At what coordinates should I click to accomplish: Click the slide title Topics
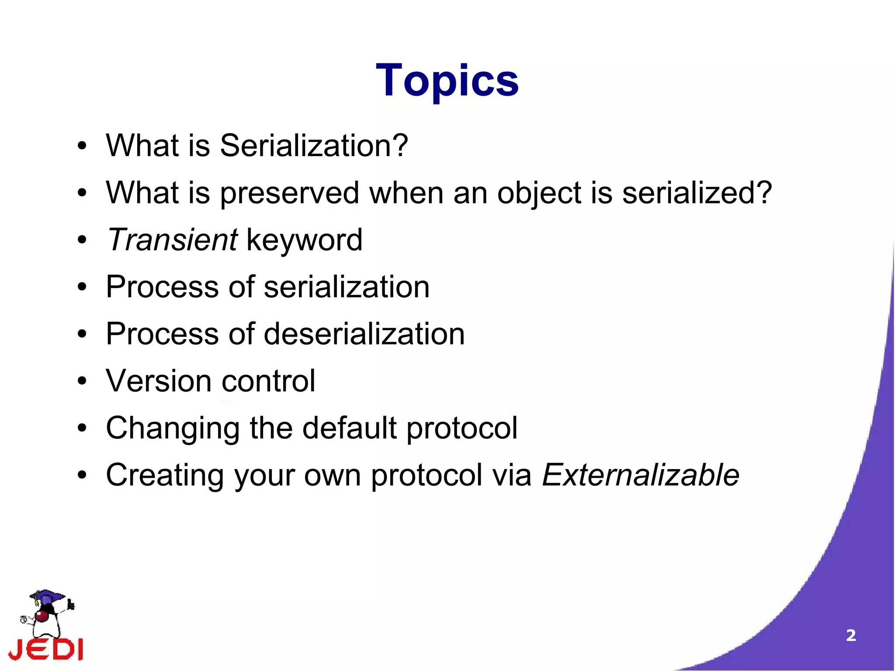tap(447, 81)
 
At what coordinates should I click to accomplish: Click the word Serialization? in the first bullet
tap(314, 146)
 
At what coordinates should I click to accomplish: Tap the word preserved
tap(289, 193)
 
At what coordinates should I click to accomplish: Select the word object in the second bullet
tap(539, 193)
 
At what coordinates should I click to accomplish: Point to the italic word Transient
tap(172, 240)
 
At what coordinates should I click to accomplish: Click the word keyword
tap(305, 240)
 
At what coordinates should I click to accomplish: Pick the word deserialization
tap(364, 334)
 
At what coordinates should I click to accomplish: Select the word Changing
tap(173, 428)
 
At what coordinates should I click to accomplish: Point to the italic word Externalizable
tap(640, 475)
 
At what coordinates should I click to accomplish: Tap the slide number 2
tap(850, 635)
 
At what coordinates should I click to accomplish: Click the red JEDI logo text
tap(46, 650)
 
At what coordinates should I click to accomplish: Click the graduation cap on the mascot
tap(47, 596)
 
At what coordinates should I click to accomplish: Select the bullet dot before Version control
tap(82, 381)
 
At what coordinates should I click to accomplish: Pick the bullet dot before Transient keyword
tap(82, 240)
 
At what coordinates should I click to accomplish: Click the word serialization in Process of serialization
tap(347, 287)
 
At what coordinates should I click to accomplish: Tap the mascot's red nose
tap(42, 616)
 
